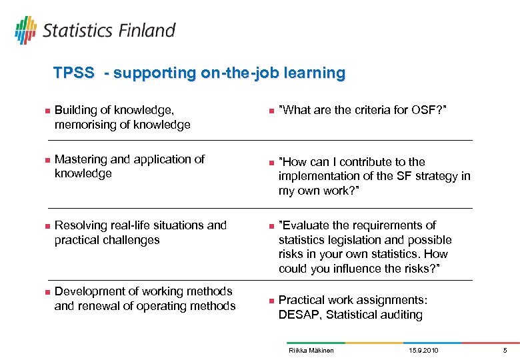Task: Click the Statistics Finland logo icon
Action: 25,29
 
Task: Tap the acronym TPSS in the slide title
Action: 73,73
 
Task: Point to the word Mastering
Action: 81,159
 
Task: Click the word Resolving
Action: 79,225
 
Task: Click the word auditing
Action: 400,315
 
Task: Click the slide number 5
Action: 505,350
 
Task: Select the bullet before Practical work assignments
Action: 270,301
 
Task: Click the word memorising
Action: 84,125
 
